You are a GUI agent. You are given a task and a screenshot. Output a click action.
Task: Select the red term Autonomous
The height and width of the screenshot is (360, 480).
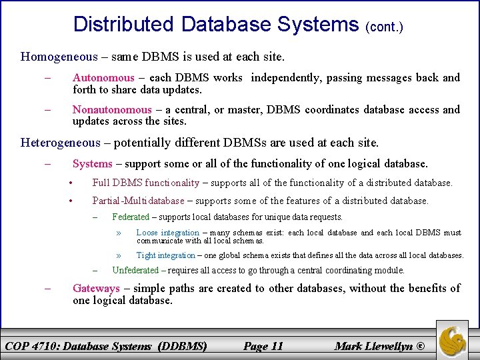tap(103, 77)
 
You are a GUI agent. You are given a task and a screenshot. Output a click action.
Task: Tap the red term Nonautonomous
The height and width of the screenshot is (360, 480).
tap(112, 109)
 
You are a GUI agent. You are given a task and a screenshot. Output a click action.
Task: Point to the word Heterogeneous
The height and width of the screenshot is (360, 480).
tap(60, 142)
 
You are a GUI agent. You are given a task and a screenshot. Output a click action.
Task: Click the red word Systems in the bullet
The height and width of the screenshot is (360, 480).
tap(93, 163)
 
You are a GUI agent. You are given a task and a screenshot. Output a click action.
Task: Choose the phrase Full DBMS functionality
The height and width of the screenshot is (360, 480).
tap(145, 183)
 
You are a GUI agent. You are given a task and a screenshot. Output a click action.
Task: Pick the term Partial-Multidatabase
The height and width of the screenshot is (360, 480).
tap(138, 201)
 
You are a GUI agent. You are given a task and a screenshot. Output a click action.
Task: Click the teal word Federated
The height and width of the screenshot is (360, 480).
tap(131, 217)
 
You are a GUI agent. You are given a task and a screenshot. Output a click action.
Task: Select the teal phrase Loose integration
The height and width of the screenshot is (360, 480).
tap(167, 233)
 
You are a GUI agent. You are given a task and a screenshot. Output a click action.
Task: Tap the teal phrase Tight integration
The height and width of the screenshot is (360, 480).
tap(165, 255)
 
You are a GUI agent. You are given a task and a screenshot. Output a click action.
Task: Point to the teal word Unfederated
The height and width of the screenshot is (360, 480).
tap(135, 270)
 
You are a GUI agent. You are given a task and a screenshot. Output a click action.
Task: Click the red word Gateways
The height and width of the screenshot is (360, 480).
tap(96, 288)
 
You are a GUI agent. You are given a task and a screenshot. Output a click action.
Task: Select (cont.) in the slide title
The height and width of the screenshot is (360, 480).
tap(385, 28)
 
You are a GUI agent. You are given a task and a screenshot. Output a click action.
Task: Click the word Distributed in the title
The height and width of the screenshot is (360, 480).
tap(124, 25)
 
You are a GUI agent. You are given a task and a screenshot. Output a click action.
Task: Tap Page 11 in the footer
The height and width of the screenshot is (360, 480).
tap(263, 345)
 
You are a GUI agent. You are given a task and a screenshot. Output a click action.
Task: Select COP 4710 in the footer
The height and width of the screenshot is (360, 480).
tap(32, 345)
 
